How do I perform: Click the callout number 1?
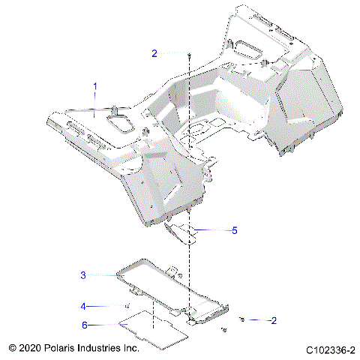95,87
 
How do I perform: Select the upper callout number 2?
154,53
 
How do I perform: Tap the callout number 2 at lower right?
253,320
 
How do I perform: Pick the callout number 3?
84,275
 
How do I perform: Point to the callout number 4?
84,306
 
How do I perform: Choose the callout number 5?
234,231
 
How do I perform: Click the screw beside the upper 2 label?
190,54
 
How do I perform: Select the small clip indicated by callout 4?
127,307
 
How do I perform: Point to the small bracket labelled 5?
184,232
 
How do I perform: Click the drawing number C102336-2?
329,350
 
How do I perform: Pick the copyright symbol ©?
12,349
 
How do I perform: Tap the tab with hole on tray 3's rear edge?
172,269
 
